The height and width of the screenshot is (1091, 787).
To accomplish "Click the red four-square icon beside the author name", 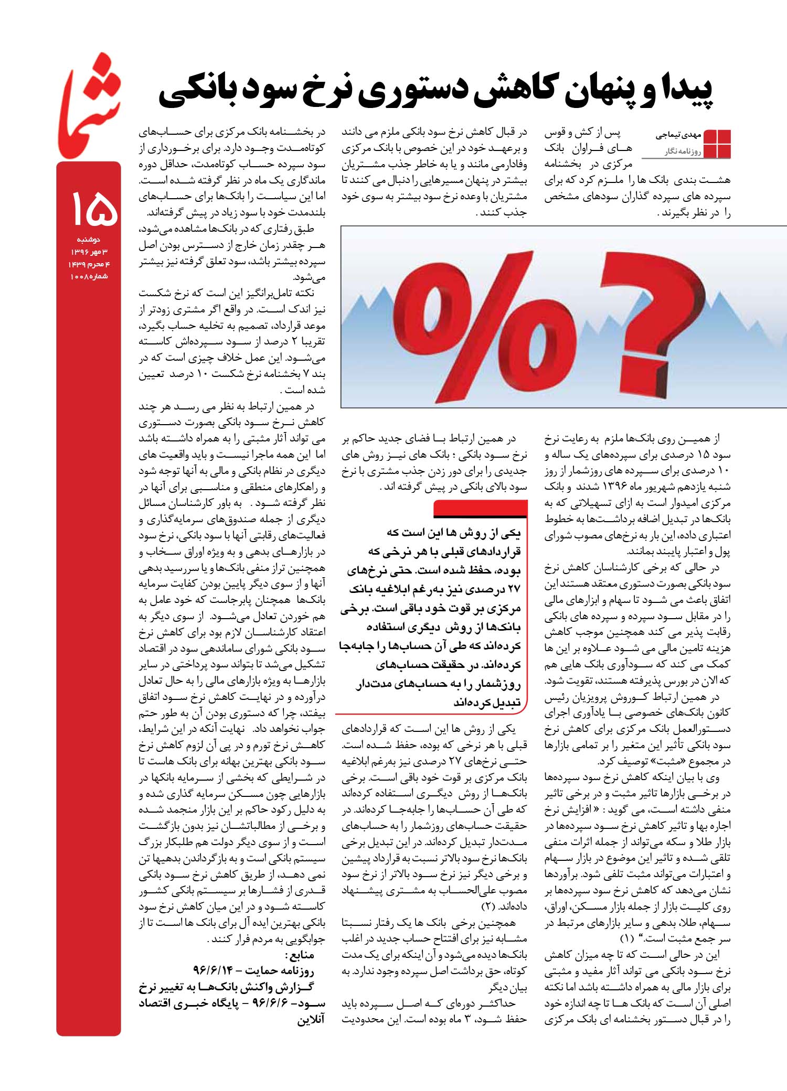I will click(717, 143).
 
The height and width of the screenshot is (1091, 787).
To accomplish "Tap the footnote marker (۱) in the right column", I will click(628, 937).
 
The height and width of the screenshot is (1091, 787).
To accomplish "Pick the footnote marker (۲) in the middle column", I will click(488, 905).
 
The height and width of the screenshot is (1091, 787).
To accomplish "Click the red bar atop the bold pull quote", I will click(480, 508).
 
